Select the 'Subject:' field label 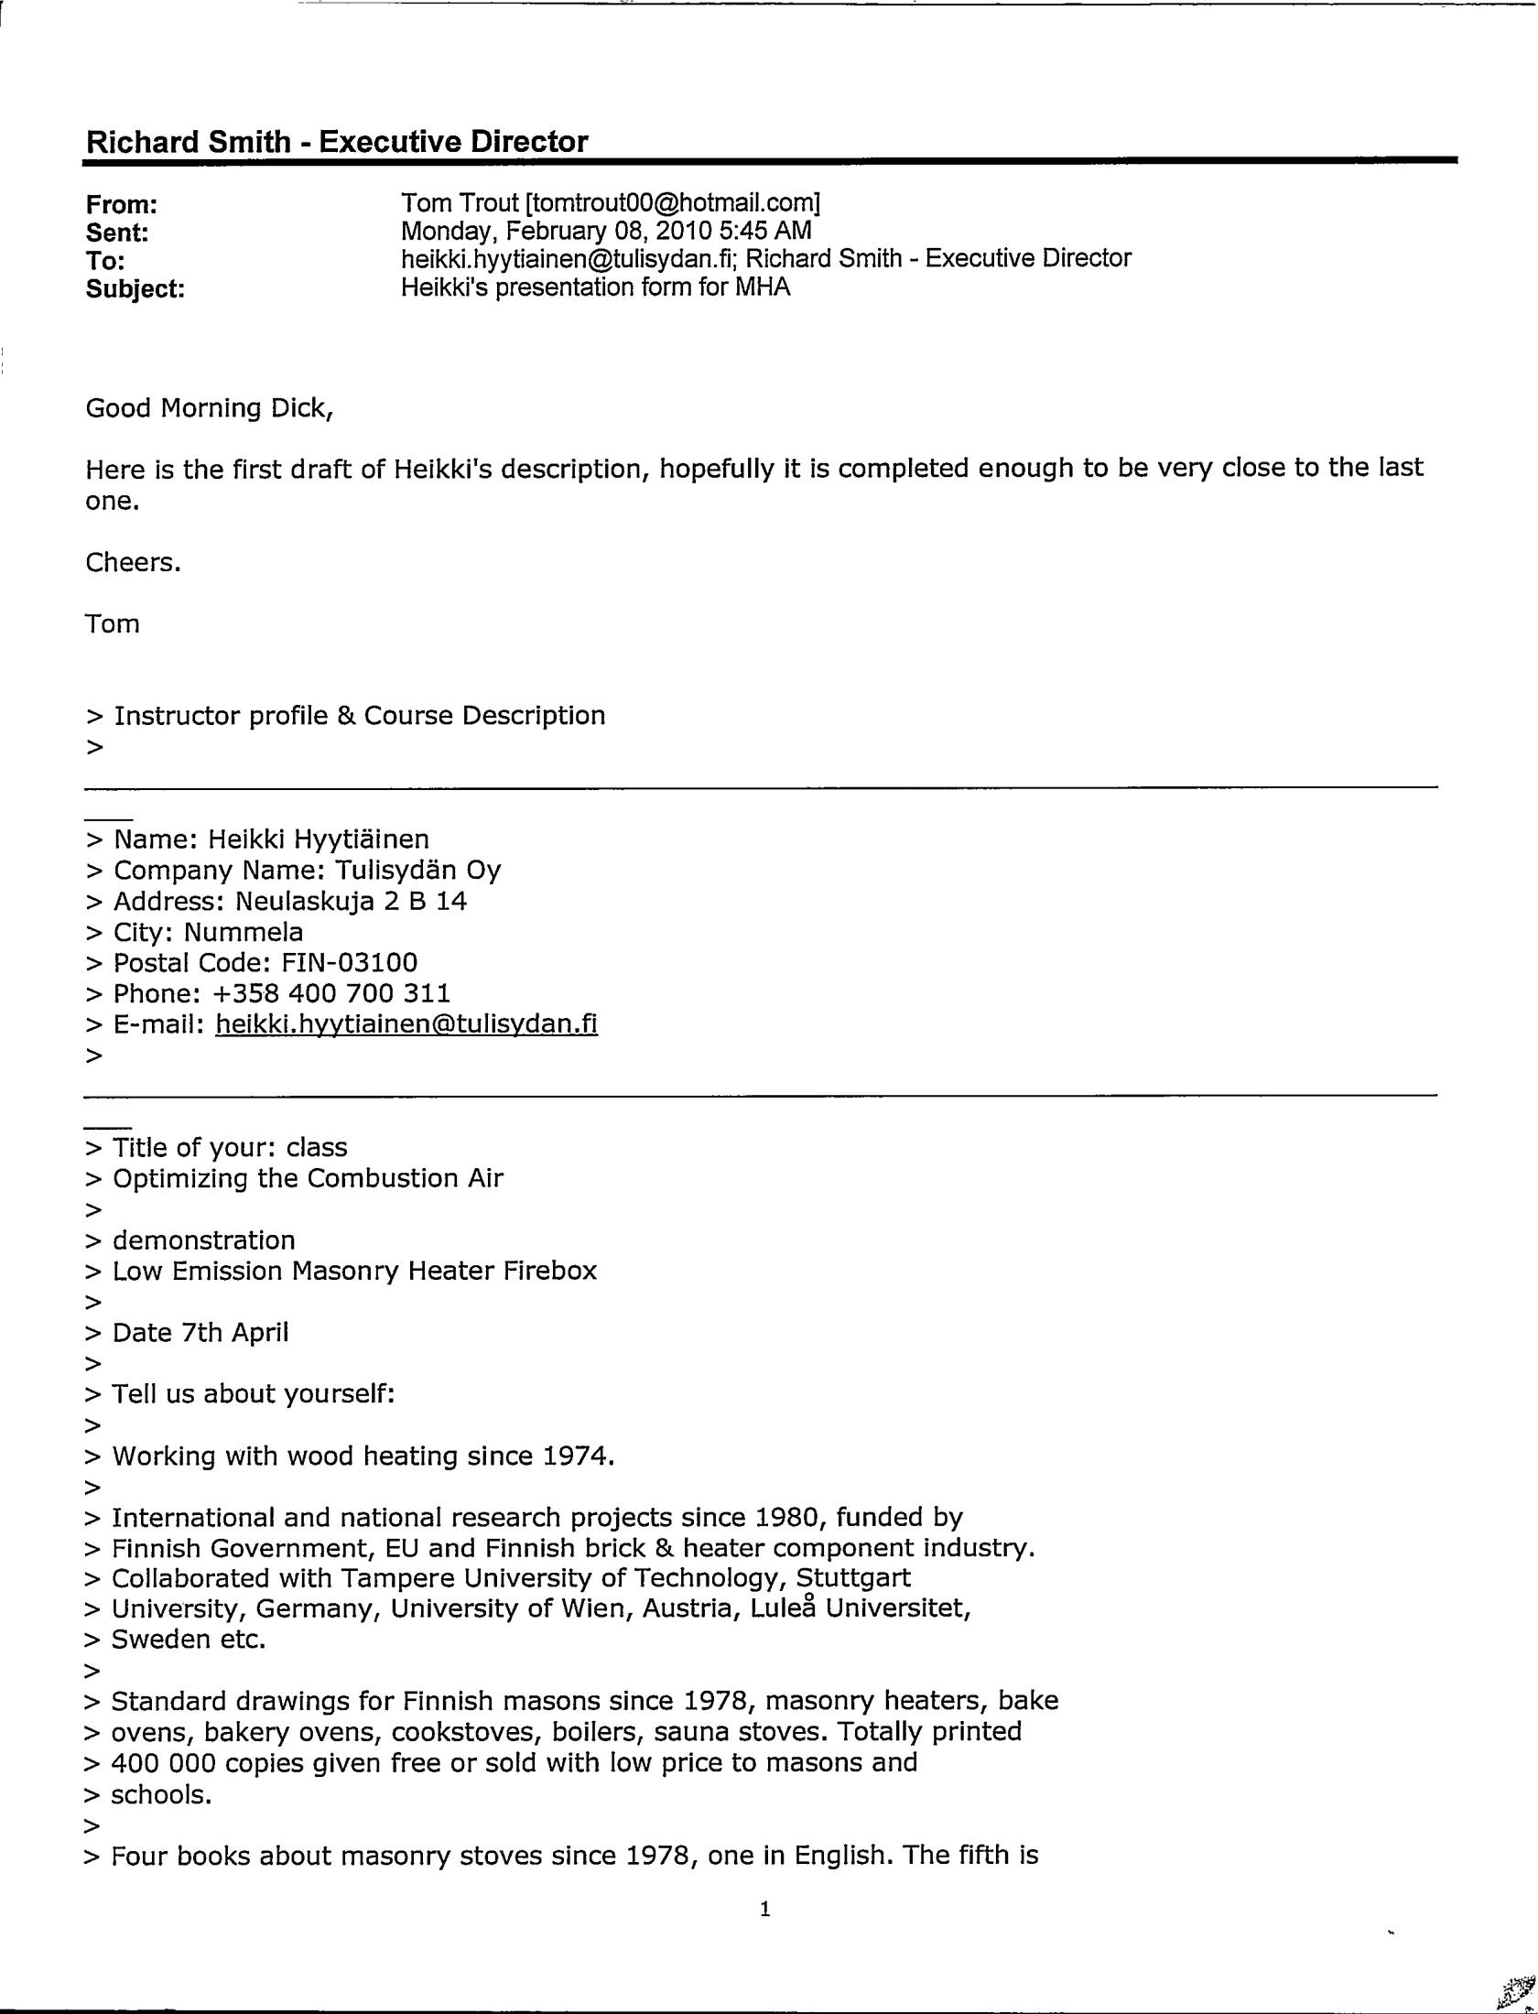click(x=135, y=289)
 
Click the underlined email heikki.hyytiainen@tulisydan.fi click(x=406, y=1023)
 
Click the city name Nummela click(x=244, y=932)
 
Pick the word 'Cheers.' click(x=134, y=562)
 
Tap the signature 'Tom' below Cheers click(x=113, y=624)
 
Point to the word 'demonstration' click(x=204, y=1240)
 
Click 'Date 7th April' click(x=200, y=1333)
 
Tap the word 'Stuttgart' click(x=853, y=1578)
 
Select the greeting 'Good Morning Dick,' click(x=210, y=408)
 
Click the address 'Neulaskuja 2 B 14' click(x=352, y=902)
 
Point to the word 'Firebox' click(x=550, y=1271)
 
